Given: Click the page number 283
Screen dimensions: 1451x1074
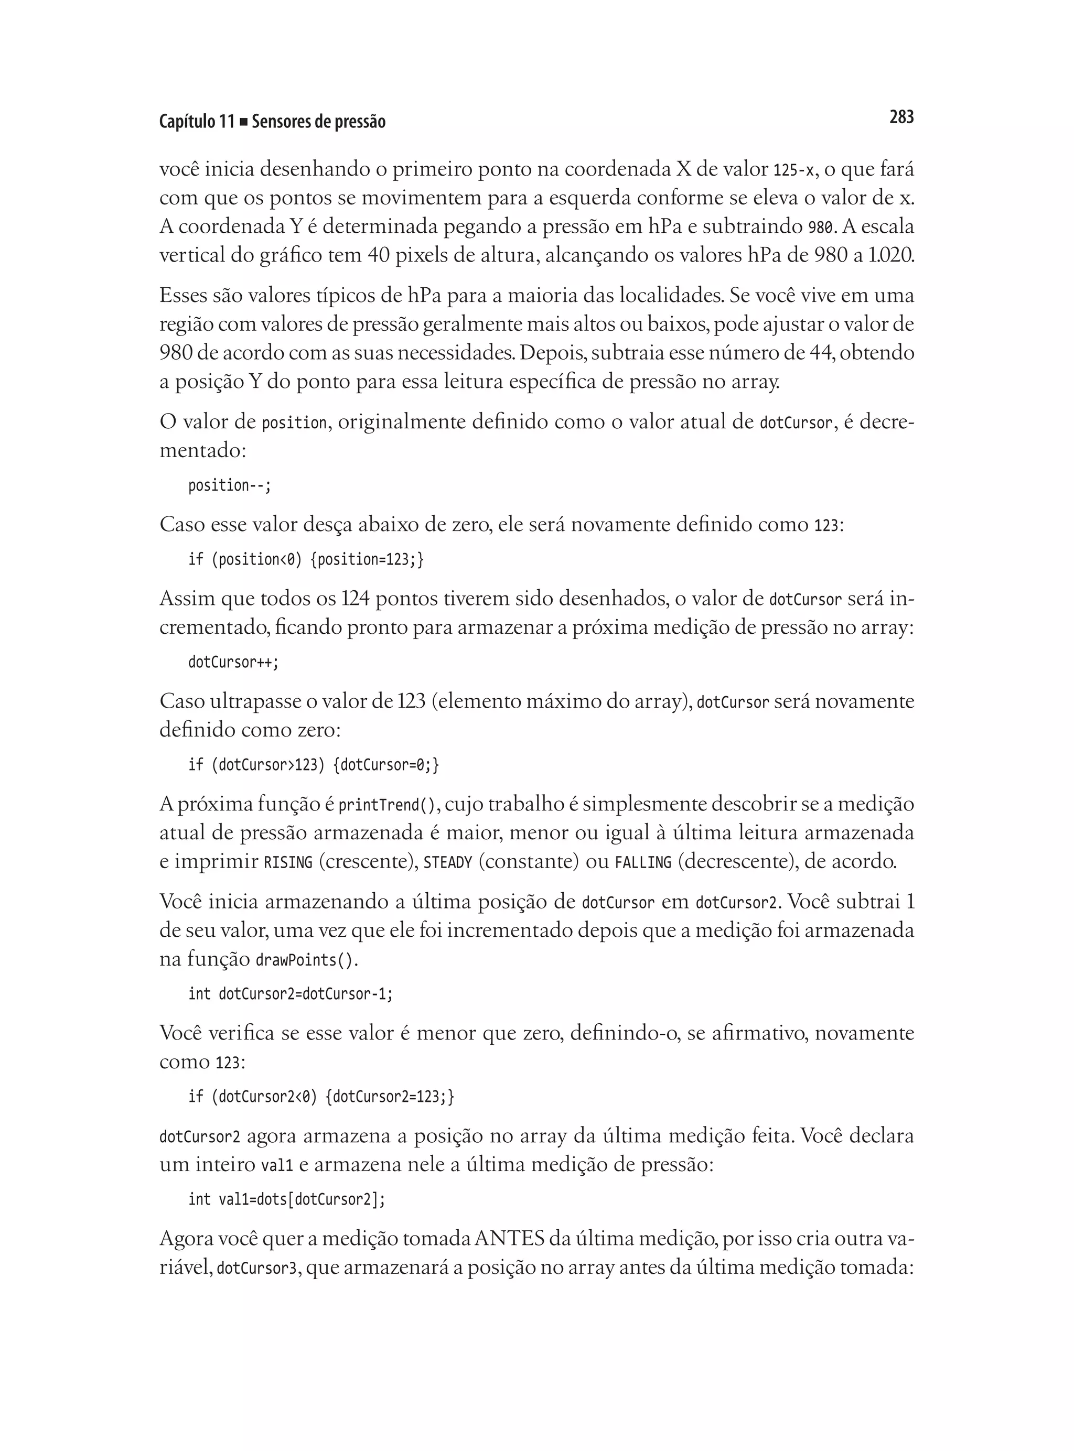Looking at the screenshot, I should pyautogui.click(x=901, y=117).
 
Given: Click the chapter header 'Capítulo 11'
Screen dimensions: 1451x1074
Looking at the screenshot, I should pyautogui.click(x=196, y=122).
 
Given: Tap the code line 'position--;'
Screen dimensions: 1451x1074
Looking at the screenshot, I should pyautogui.click(x=229, y=486).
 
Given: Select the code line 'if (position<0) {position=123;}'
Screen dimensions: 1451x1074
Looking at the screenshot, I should pyautogui.click(x=306, y=559).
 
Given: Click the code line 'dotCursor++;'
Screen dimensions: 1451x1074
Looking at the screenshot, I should pyautogui.click(x=233, y=663).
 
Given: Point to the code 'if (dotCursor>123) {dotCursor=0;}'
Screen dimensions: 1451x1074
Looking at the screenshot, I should pyautogui.click(x=314, y=765).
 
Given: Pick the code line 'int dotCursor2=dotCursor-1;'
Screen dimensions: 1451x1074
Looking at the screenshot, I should pyautogui.click(x=290, y=994).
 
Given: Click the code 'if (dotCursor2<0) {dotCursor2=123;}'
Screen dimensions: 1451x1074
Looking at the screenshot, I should pyautogui.click(x=321, y=1097).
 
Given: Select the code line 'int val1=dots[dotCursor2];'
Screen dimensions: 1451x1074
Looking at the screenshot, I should pyautogui.click(x=286, y=1199).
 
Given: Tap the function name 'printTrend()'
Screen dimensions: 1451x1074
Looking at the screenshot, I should pyautogui.click(x=387, y=806).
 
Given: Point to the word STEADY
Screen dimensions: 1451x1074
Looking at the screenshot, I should pyautogui.click(x=447, y=863).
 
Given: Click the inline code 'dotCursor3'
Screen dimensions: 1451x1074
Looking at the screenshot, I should pyautogui.click(x=256, y=1269).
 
